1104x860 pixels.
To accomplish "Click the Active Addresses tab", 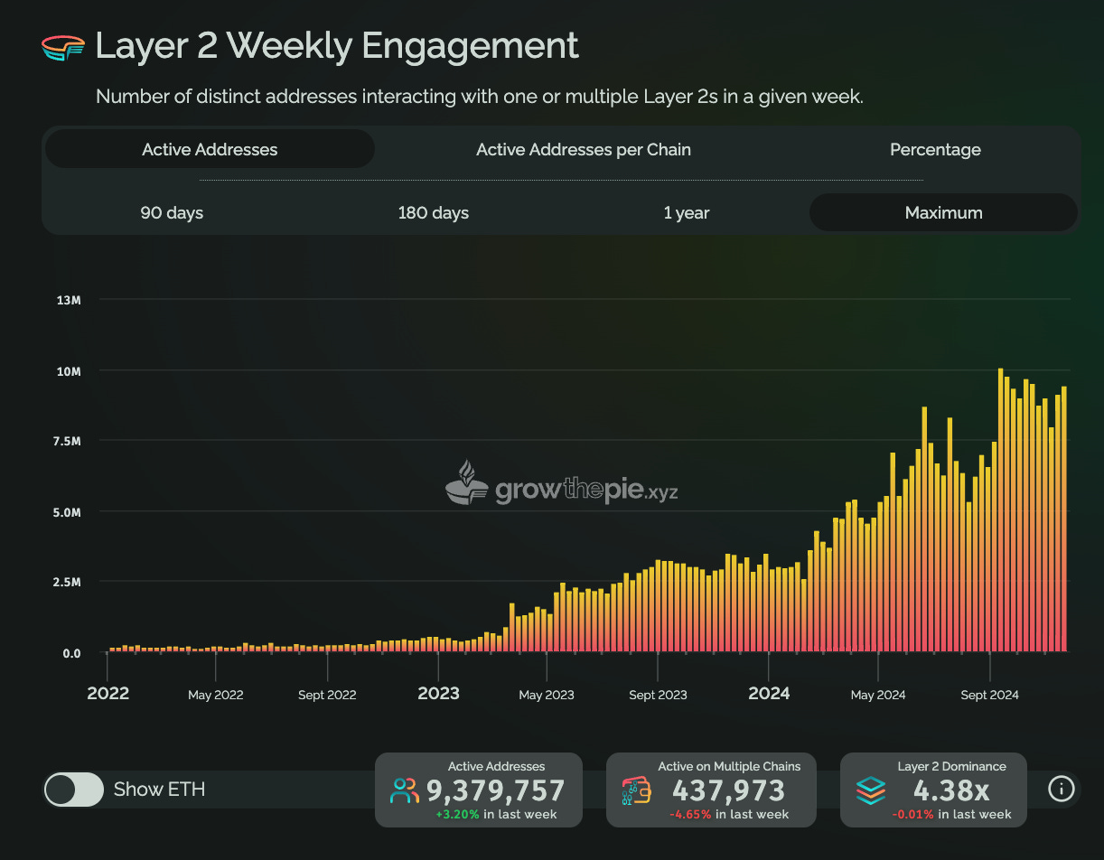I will pyautogui.click(x=210, y=150).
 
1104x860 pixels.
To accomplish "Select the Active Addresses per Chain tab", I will pyautogui.click(x=583, y=150).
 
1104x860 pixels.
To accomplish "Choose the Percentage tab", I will pyautogui.click(x=935, y=150).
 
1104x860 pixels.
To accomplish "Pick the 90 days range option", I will pyautogui.click(x=172, y=213).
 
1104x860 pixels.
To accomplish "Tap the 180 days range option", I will pyautogui.click(x=433, y=213).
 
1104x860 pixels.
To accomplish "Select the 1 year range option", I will pyautogui.click(x=686, y=213).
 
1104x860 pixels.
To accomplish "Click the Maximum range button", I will pyautogui.click(x=943, y=213).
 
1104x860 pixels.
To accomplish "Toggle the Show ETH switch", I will pyautogui.click(x=74, y=790).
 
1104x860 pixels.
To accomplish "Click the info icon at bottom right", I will pyautogui.click(x=1061, y=789).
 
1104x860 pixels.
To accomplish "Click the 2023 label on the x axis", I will pyautogui.click(x=438, y=694).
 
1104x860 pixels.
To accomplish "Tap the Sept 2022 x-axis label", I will pyautogui.click(x=327, y=695).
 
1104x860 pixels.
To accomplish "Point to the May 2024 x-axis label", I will pyautogui.click(x=877, y=695).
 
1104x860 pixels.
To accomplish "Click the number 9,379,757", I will pyautogui.click(x=495, y=791).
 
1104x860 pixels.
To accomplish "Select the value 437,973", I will pyautogui.click(x=728, y=791).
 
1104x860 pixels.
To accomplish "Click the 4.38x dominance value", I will pyautogui.click(x=951, y=791).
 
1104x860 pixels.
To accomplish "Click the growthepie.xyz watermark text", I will pyautogui.click(x=585, y=491).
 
